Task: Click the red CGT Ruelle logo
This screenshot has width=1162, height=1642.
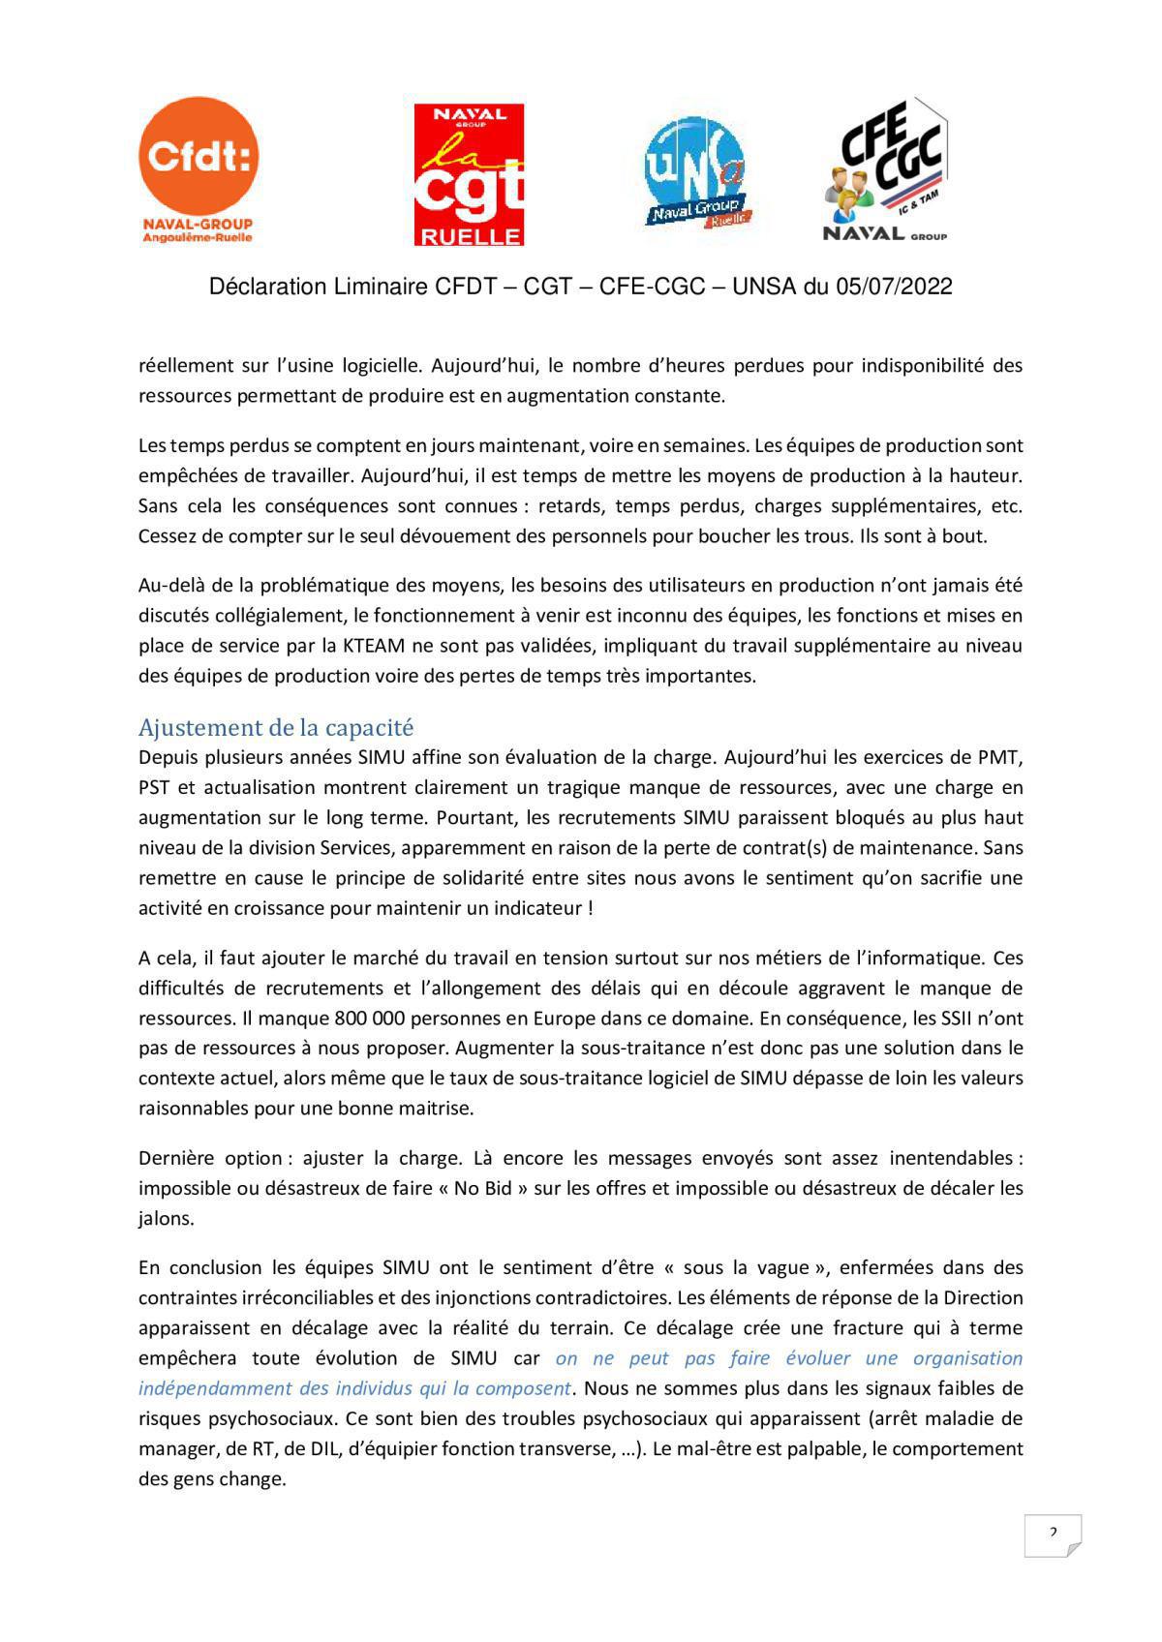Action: (469, 174)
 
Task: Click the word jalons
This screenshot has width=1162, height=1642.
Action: (167, 1218)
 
